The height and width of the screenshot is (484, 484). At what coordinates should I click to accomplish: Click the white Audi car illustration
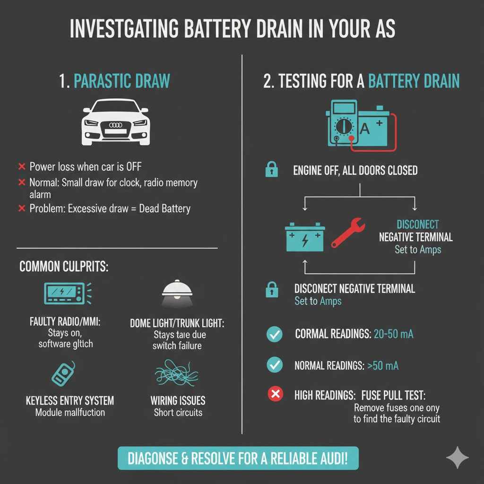click(x=116, y=122)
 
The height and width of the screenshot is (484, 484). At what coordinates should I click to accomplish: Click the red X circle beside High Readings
click(x=275, y=394)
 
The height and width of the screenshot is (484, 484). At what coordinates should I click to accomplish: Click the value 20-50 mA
click(x=393, y=335)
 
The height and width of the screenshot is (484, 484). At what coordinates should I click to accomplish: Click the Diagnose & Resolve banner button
click(x=238, y=458)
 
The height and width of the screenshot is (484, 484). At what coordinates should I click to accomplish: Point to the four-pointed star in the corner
click(x=458, y=458)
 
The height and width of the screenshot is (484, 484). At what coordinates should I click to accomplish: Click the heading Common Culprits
click(x=64, y=267)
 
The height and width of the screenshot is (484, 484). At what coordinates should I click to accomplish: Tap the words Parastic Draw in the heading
click(x=122, y=81)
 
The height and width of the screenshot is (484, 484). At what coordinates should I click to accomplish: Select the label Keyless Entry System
click(x=70, y=401)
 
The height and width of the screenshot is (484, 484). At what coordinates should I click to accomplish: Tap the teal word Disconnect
click(x=418, y=225)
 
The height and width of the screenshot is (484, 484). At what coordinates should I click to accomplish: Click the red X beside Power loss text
click(x=21, y=166)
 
